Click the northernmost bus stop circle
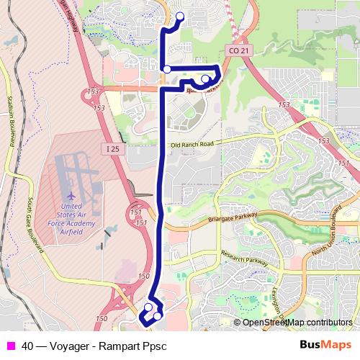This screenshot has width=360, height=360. click(x=179, y=17)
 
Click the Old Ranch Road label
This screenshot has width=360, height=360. click(x=192, y=145)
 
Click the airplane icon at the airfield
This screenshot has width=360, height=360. click(x=71, y=195)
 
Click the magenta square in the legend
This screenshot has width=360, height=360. click(x=9, y=346)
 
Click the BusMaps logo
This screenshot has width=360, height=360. click(x=326, y=346)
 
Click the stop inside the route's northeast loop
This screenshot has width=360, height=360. click(x=205, y=79)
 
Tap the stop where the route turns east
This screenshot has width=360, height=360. click(x=166, y=69)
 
